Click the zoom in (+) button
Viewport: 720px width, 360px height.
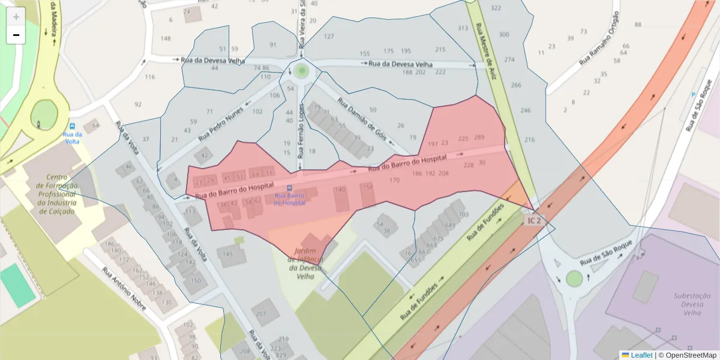(16, 16)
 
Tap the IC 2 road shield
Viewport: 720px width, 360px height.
(533, 221)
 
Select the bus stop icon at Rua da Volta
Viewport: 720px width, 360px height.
(73, 127)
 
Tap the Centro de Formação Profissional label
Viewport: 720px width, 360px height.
(56, 194)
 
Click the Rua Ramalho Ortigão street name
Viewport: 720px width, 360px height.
(599, 39)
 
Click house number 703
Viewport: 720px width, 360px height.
(463, 214)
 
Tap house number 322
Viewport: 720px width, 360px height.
(496, 8)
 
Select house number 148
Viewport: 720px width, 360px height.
(166, 38)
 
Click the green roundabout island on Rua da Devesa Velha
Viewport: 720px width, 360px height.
(301, 71)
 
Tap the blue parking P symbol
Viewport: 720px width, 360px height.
(694, 95)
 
